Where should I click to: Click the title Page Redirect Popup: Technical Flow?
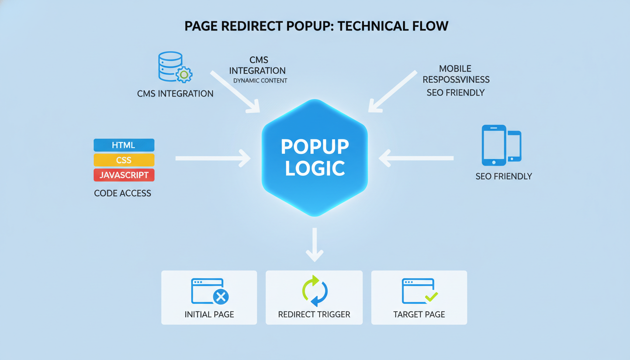coord(316,26)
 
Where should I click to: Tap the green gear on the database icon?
coord(184,75)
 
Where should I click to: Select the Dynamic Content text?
coord(260,81)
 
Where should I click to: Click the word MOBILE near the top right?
coord(455,69)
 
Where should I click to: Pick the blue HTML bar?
coord(124,145)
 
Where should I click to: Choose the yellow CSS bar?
coord(124,160)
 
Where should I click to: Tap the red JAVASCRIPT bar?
coord(124,175)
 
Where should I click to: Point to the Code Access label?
coord(122,193)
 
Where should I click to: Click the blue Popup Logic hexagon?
coord(315,157)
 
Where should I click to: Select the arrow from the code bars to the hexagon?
coord(213,158)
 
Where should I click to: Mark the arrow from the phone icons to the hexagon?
coord(416,158)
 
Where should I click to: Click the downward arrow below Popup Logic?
coord(315,245)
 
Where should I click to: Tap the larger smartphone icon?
coord(494,145)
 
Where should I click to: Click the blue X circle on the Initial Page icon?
coord(220,296)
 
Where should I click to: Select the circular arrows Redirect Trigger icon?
coord(315,291)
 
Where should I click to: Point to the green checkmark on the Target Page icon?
coord(431,296)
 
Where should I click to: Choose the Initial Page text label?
coord(209,315)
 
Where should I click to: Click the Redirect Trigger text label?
coord(314,315)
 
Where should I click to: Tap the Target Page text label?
coord(419,315)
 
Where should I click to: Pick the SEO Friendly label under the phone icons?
coord(503,177)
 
